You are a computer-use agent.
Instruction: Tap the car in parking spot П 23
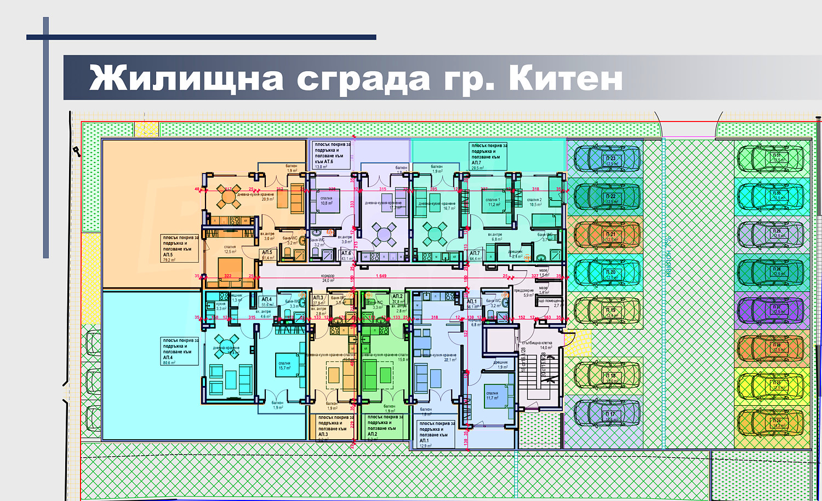coord(607,159)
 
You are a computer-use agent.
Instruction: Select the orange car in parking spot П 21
coord(607,235)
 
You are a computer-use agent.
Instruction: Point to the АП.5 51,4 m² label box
coord(267,255)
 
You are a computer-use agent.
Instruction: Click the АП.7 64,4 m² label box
coord(475,256)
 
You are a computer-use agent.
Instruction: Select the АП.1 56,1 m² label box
coord(472,304)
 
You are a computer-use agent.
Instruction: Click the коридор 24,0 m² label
coord(328,278)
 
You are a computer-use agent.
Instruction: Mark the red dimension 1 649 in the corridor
coord(381,276)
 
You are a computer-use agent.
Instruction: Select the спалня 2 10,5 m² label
coord(535,202)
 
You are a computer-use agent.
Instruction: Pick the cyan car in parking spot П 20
coord(607,273)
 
